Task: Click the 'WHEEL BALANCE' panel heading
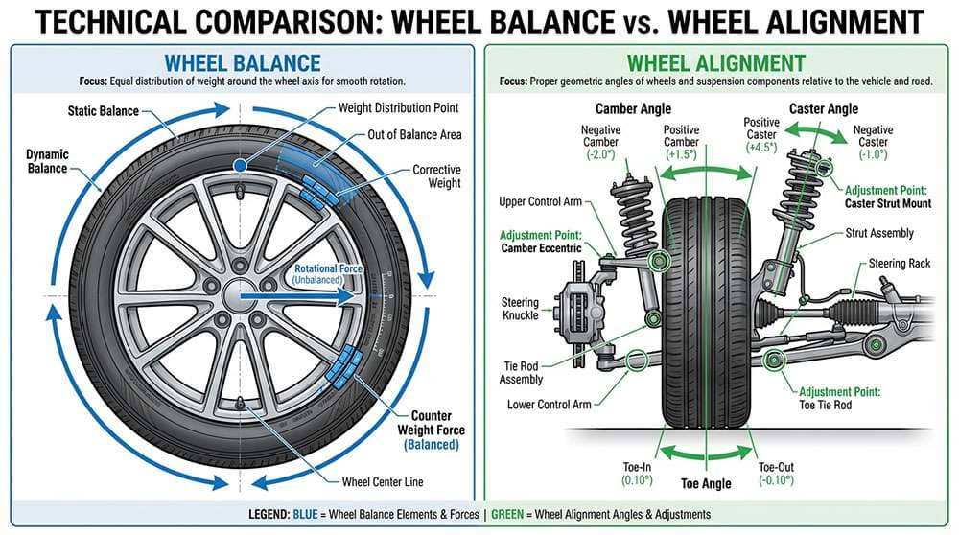[x=242, y=63]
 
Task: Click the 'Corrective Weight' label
[x=436, y=177]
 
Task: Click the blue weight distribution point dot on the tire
[x=240, y=167]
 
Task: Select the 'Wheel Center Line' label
[x=383, y=481]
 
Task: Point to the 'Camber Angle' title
[x=633, y=109]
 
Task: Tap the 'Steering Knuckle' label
[x=520, y=310]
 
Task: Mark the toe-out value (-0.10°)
[x=778, y=480]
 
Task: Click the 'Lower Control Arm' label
[x=549, y=405]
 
